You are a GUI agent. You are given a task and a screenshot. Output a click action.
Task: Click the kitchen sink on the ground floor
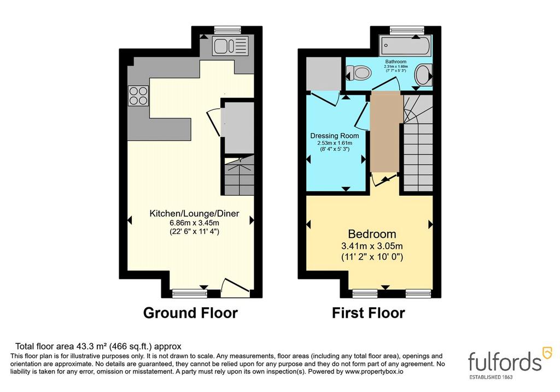[230, 46]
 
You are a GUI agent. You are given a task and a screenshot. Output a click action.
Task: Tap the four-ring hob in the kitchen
[138, 96]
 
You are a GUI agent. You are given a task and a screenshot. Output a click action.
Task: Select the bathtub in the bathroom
[405, 45]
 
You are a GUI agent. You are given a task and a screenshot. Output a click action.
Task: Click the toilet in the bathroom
[359, 73]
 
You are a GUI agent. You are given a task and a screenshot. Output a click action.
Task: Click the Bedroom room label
[372, 234]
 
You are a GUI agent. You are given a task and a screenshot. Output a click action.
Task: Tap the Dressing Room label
[335, 136]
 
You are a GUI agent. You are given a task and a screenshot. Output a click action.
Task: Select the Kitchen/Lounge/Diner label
[194, 213]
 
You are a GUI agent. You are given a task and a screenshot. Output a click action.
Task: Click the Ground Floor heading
[190, 313]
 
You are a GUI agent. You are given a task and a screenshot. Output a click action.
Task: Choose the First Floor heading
[369, 313]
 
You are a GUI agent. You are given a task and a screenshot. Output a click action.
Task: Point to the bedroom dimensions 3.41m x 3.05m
[372, 246]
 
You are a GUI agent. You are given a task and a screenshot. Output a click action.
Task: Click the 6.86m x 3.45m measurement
[194, 223]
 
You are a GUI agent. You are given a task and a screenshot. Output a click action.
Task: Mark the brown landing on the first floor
[384, 131]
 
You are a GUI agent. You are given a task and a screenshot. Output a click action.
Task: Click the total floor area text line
[98, 346]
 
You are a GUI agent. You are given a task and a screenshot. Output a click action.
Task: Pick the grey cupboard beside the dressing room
[323, 74]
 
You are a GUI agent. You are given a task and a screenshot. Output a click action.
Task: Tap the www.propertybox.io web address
[374, 372]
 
